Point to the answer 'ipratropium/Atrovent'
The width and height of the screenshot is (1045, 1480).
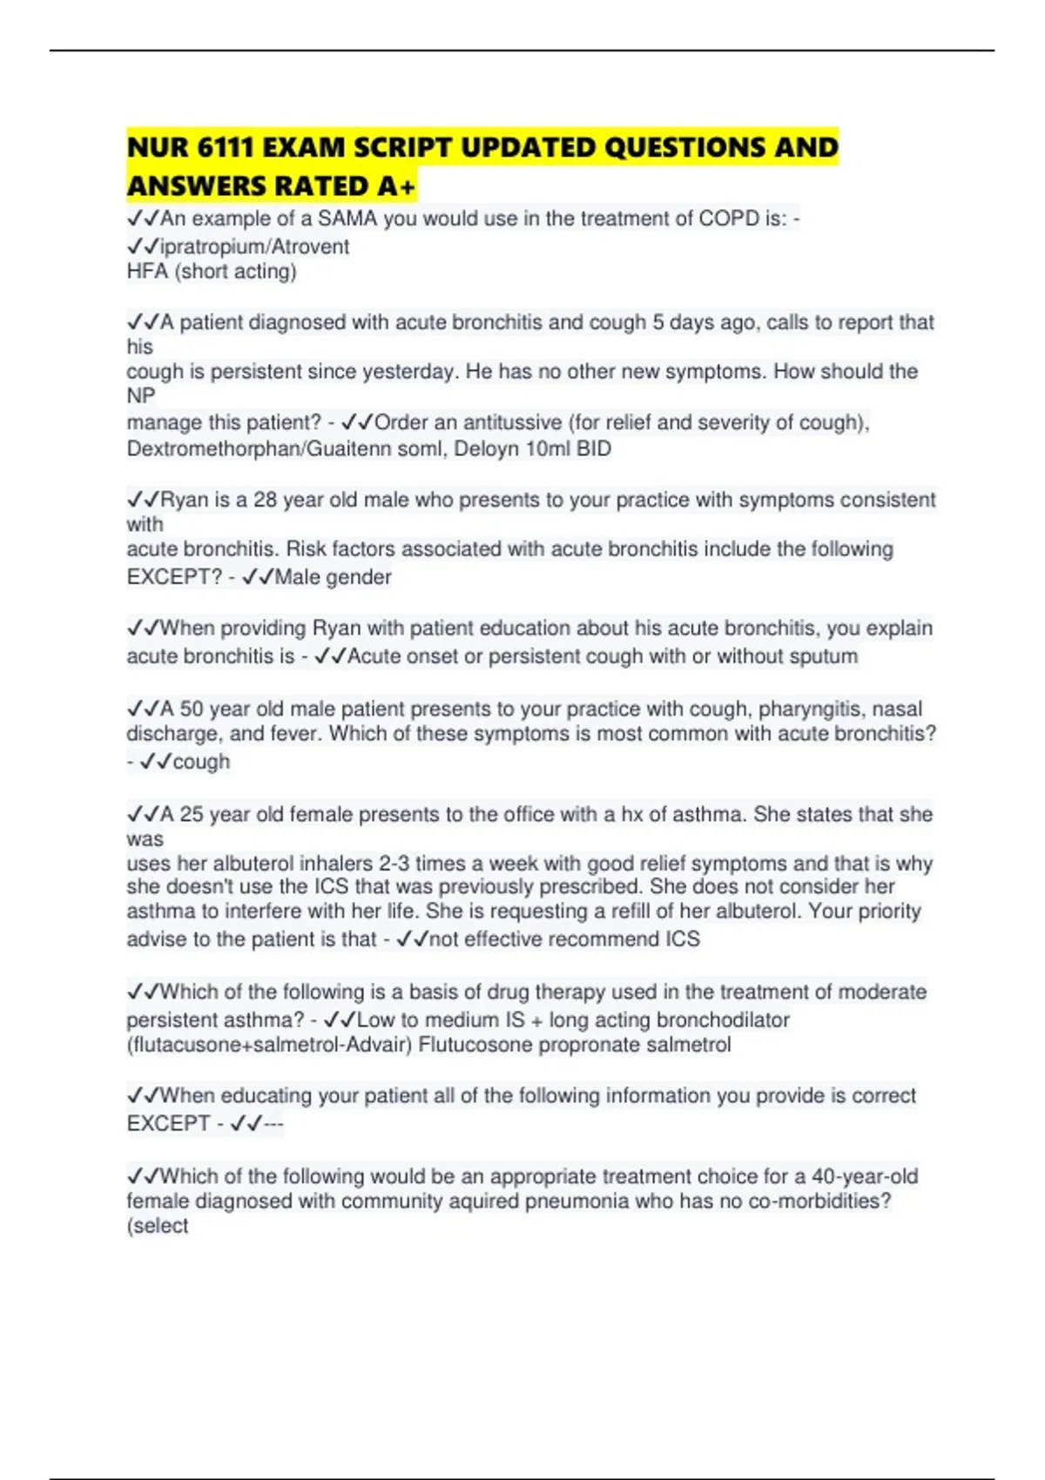(254, 246)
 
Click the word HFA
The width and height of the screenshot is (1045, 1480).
(147, 272)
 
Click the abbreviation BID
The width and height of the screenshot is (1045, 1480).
(594, 448)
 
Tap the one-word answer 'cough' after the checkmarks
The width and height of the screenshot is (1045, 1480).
(201, 761)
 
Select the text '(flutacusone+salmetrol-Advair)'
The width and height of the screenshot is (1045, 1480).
(269, 1044)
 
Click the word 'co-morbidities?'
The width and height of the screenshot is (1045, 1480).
(819, 1201)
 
